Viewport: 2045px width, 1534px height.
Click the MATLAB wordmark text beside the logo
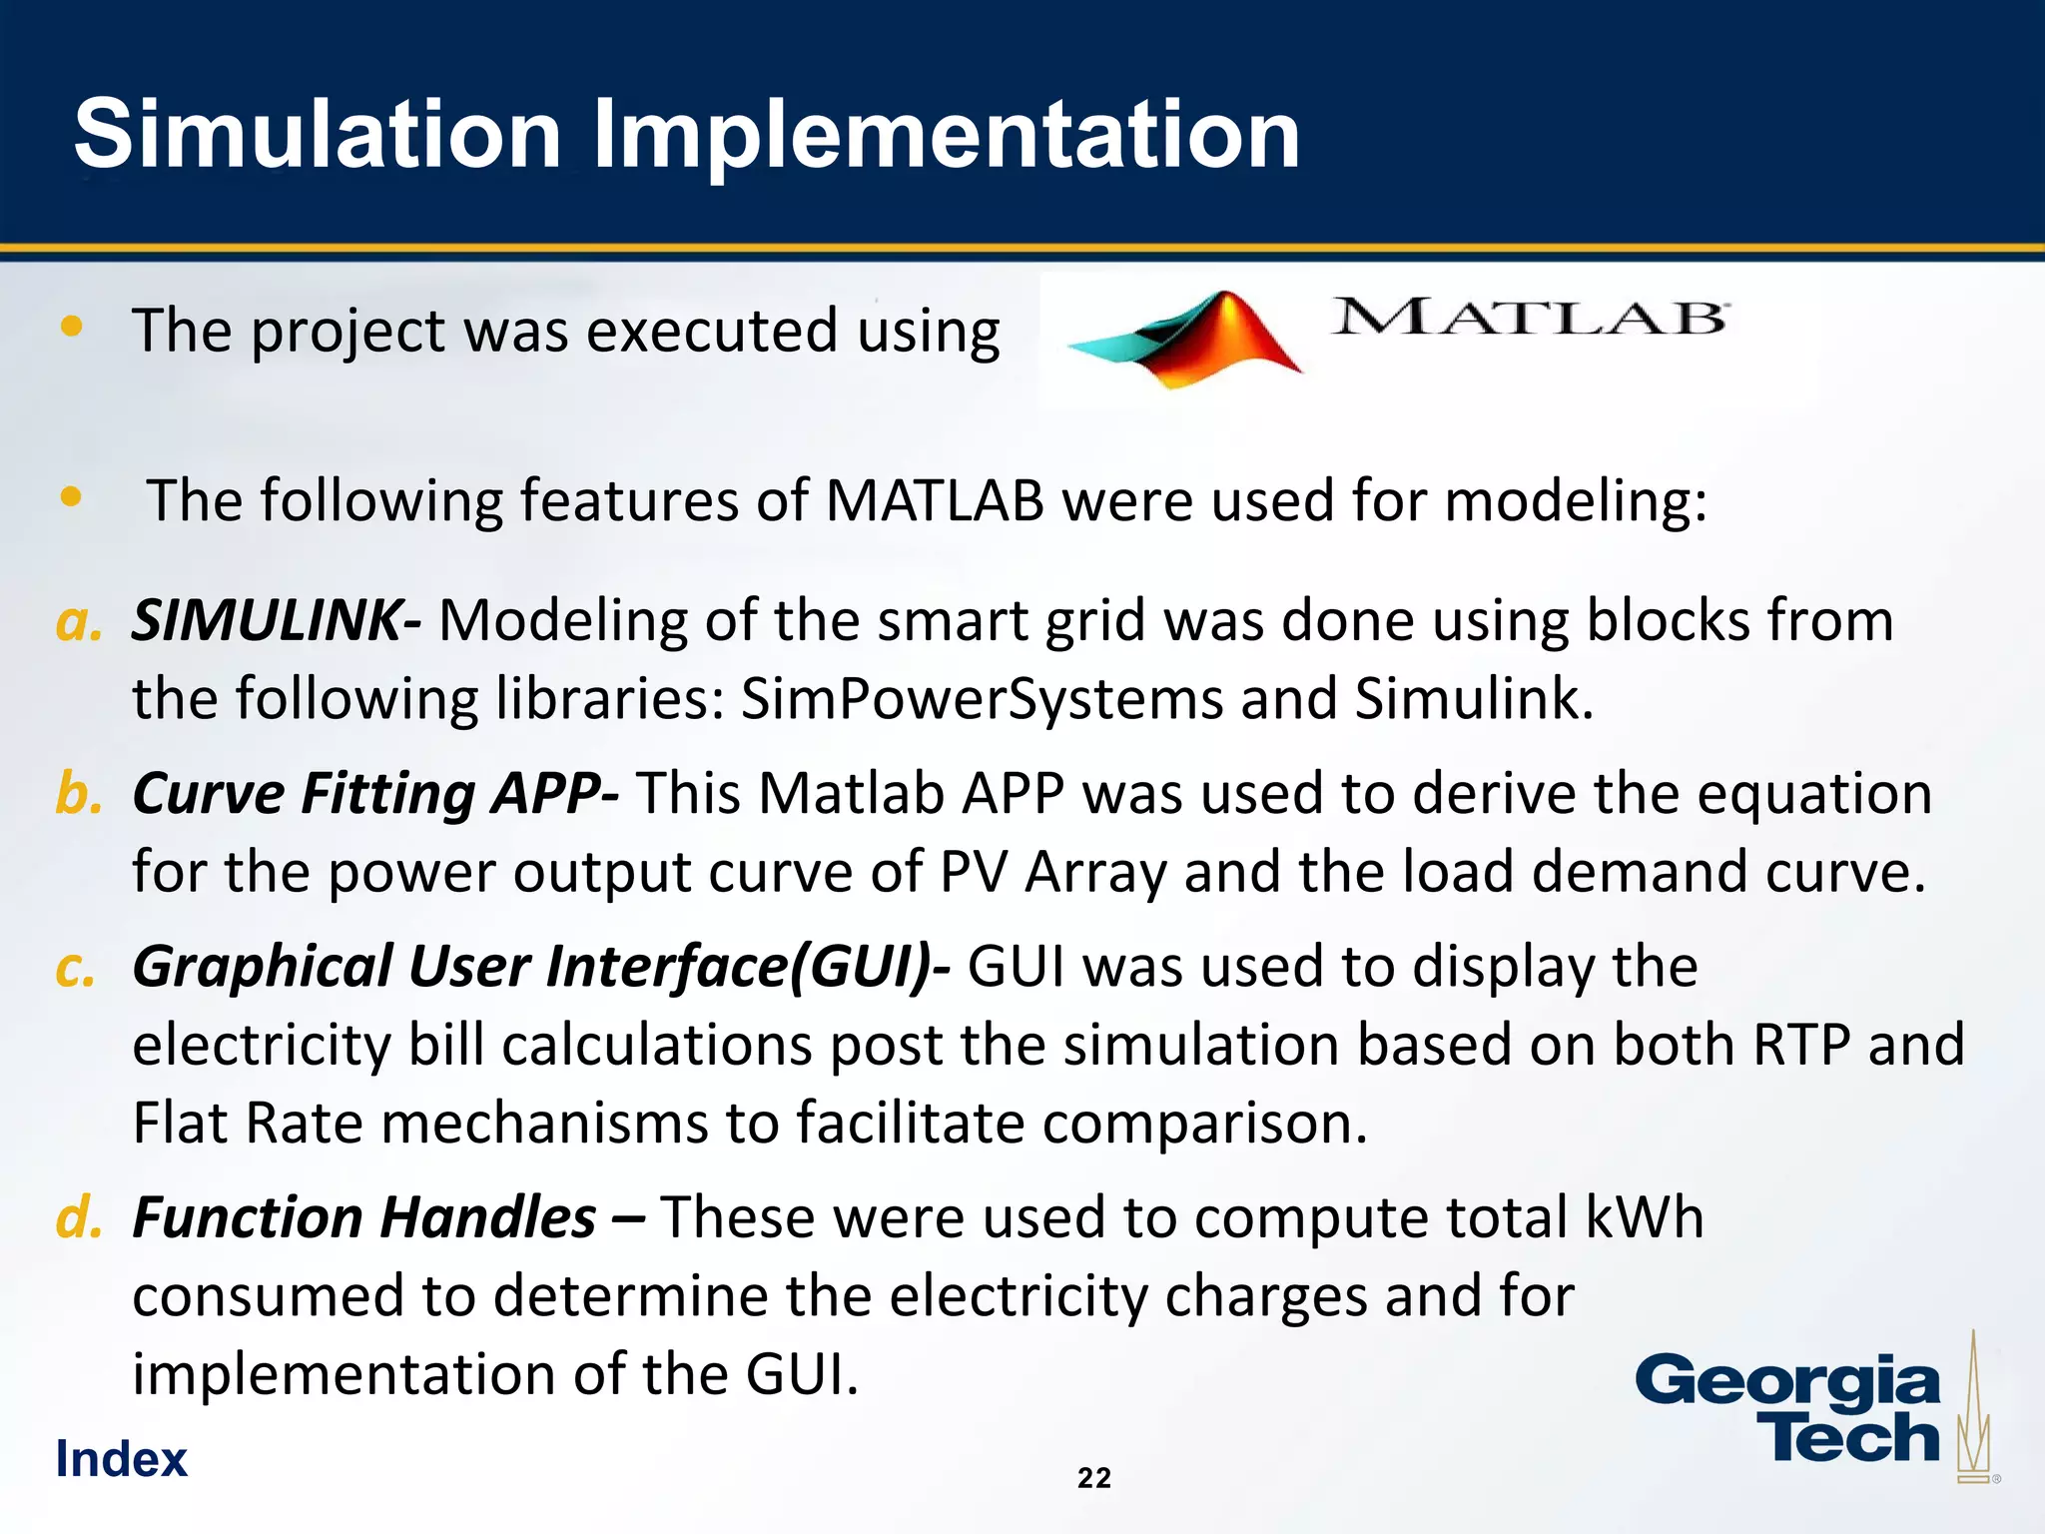coord(1528,318)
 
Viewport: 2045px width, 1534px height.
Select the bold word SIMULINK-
coord(276,620)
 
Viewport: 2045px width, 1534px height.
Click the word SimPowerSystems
coord(982,698)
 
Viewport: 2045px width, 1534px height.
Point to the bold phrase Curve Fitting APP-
coord(375,794)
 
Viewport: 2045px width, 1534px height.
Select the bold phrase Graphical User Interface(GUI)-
coord(540,967)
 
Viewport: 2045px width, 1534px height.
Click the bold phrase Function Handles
coord(363,1217)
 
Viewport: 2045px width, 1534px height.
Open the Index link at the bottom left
coord(121,1459)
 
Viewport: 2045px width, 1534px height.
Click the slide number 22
coord(1094,1478)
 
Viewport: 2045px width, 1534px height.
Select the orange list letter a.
coord(78,622)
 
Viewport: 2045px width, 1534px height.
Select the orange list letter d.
coord(78,1218)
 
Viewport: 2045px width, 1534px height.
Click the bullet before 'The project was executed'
coord(71,327)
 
